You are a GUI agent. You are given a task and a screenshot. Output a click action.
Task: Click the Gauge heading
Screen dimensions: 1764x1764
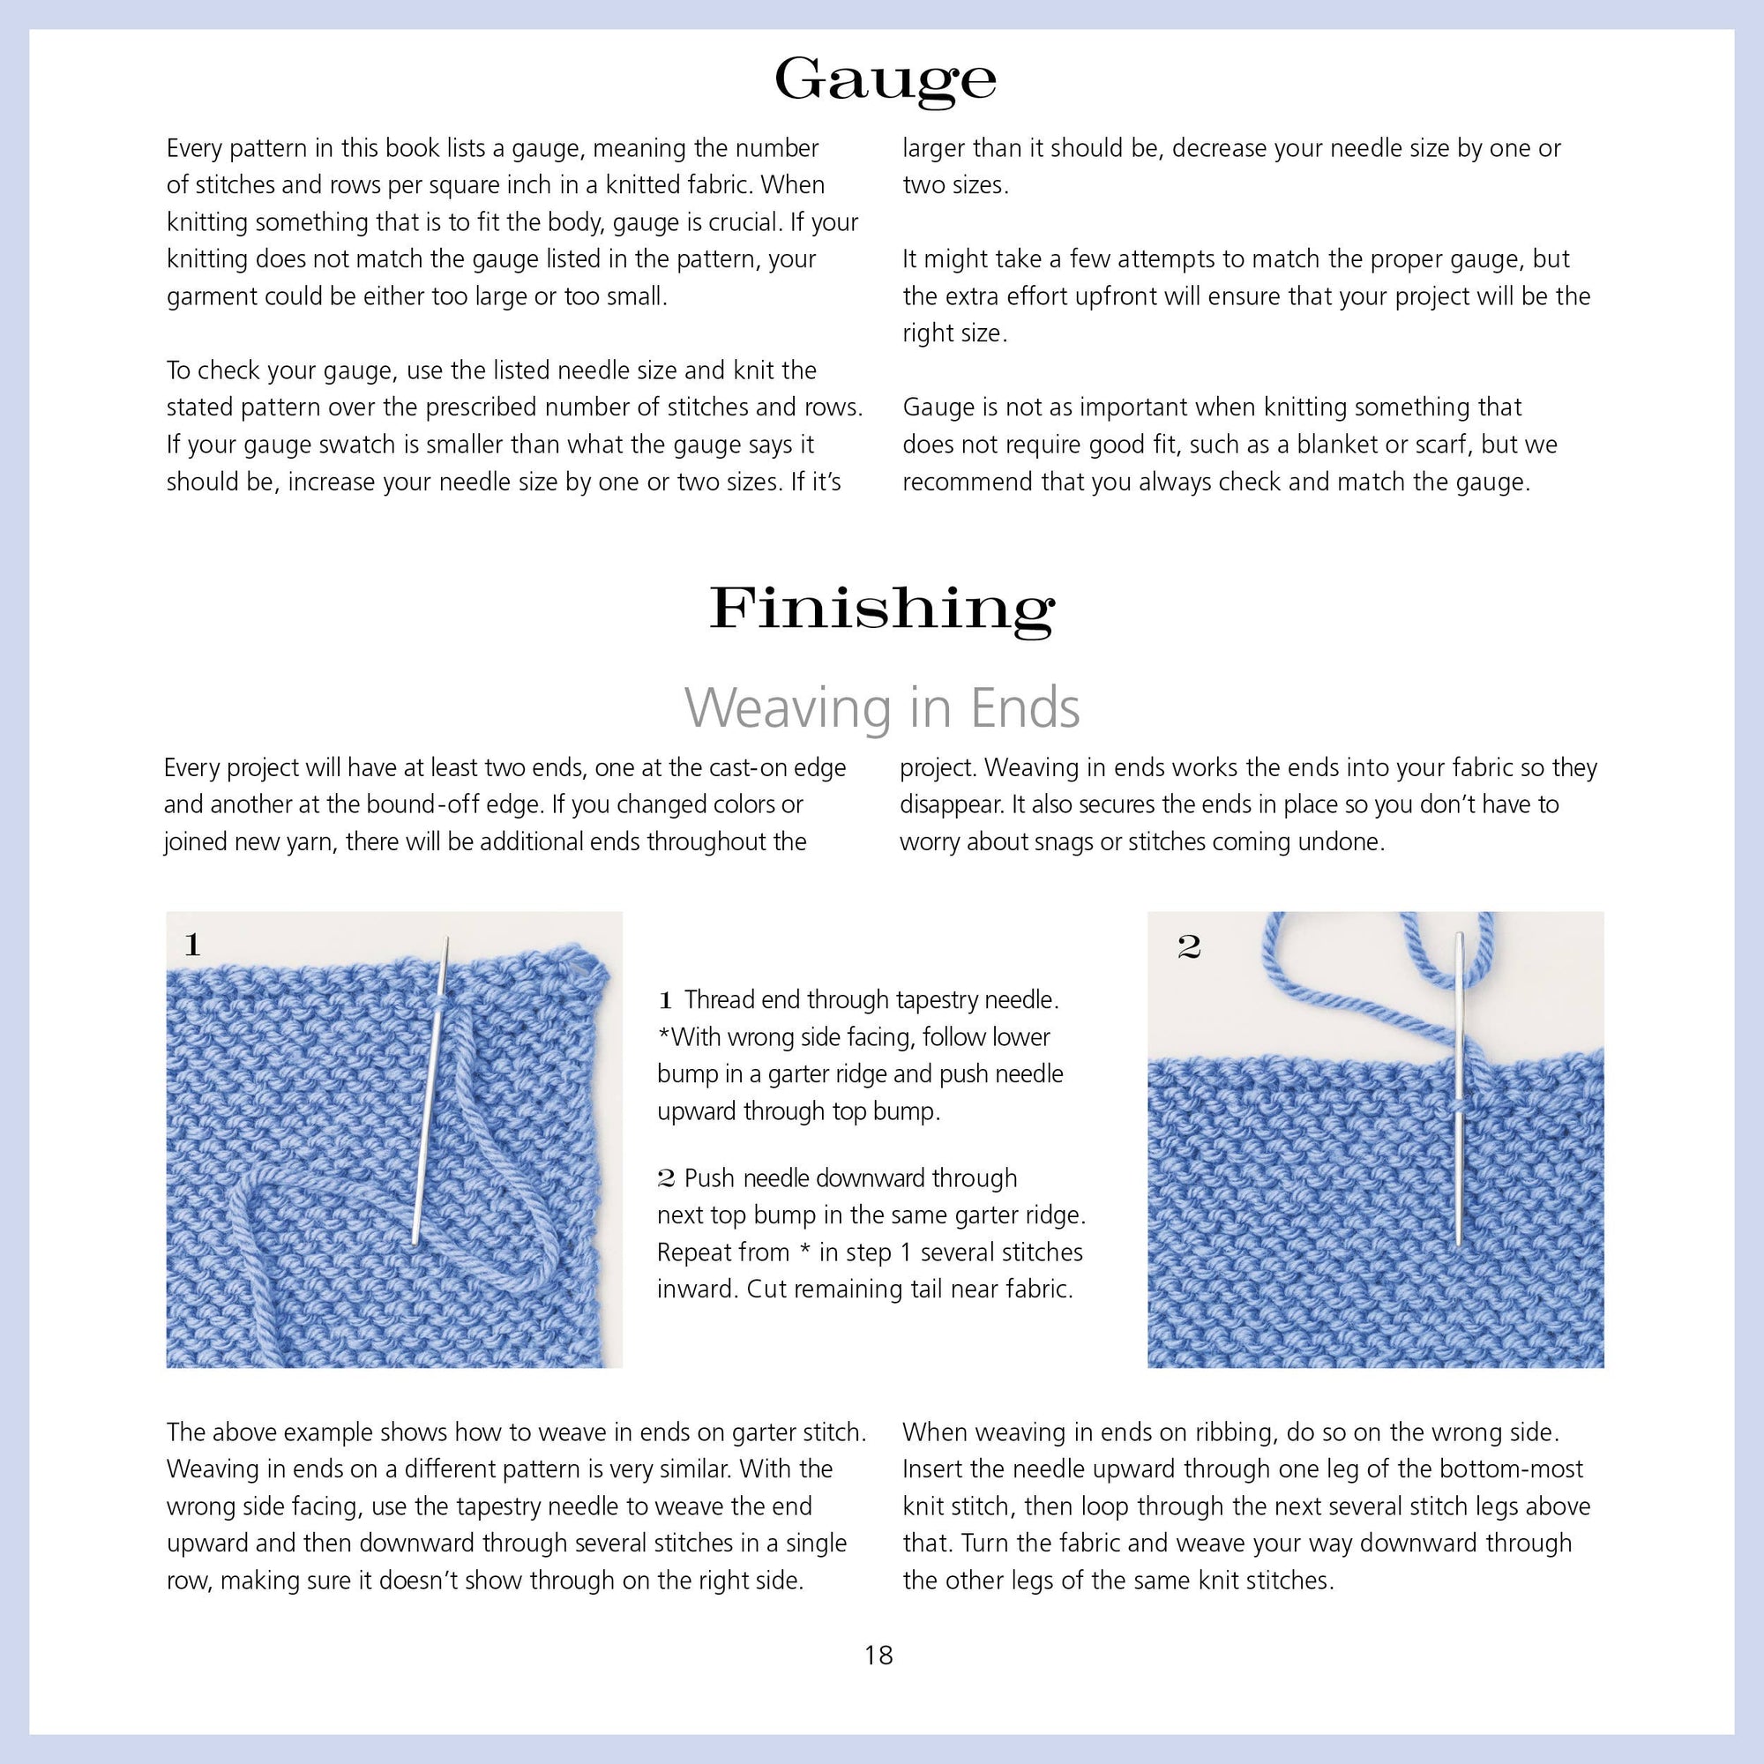point(884,80)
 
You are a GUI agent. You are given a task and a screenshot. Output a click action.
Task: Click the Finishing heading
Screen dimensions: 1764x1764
point(882,609)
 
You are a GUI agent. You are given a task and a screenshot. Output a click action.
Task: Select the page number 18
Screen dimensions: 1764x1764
point(878,1656)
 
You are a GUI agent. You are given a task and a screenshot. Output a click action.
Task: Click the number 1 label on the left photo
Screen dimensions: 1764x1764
point(191,944)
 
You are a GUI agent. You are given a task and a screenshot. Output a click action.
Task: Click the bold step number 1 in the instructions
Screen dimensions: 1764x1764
point(666,1001)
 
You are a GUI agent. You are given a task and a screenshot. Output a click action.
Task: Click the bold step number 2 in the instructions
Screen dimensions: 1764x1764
point(666,1178)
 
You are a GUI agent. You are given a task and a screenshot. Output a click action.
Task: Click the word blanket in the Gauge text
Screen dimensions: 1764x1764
point(1337,445)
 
